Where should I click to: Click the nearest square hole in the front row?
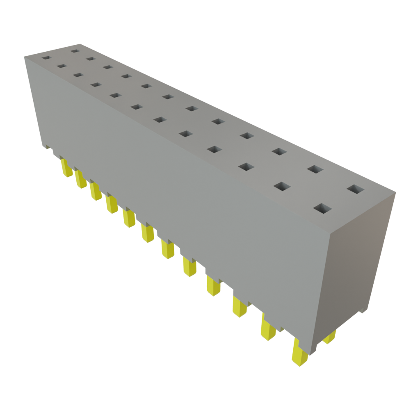pos(323,208)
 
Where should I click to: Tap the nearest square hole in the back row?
pos(356,189)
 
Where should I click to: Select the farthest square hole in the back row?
pos(74,51)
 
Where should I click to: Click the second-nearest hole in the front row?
pos(282,186)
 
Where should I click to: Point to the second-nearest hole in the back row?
pos(314,169)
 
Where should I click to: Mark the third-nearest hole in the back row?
pos(278,152)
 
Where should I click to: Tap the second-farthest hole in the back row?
pos(91,59)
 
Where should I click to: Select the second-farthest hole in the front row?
pos(62,66)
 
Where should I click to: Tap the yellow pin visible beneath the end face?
pos(329,337)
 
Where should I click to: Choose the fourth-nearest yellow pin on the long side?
pos(213,285)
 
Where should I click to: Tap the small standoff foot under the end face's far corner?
pos(363,310)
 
